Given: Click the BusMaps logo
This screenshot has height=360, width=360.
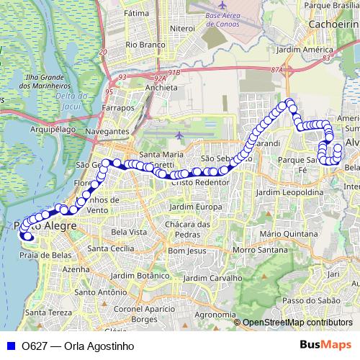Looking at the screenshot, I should pos(325,345).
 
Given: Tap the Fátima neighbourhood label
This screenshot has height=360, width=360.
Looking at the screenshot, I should pos(136,13).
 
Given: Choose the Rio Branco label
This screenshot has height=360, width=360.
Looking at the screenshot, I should pos(141,44).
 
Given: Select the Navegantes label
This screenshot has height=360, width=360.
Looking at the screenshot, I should pos(106,132).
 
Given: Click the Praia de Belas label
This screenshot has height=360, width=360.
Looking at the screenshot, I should pos(44,255).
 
